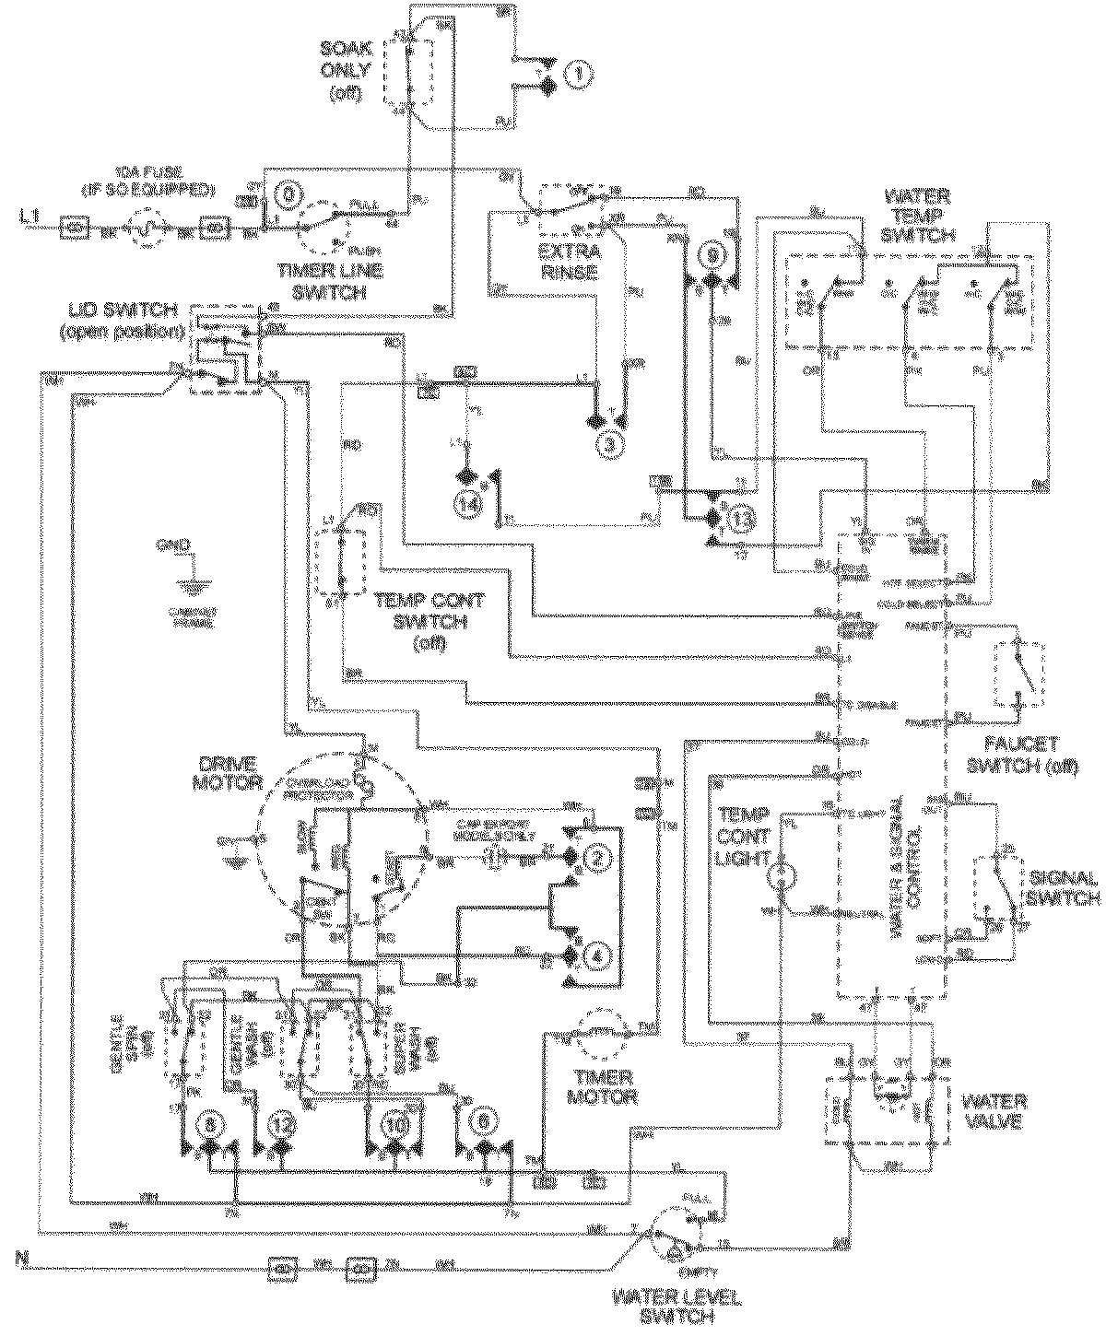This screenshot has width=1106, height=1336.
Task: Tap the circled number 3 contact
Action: point(609,443)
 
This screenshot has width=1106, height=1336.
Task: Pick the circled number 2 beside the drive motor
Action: point(599,858)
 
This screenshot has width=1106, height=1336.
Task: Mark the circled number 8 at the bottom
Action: point(210,1125)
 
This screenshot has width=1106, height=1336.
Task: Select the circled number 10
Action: point(395,1125)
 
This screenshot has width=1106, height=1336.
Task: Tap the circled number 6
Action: point(481,1125)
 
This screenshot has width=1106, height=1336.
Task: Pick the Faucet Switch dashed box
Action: point(1019,670)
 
